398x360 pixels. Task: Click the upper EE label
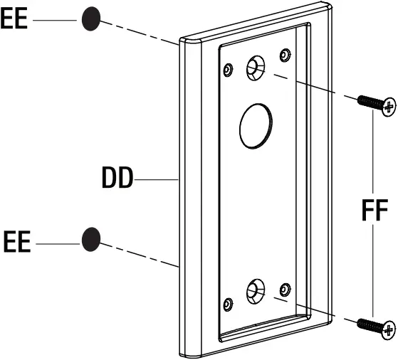[x=14, y=18]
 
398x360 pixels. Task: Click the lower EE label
[x=17, y=243]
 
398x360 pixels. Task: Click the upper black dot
[x=90, y=18]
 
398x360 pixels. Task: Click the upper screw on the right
[x=376, y=104]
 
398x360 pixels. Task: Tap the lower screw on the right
[x=377, y=326]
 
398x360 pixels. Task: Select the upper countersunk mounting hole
[x=254, y=69]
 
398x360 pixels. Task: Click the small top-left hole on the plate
[x=228, y=69]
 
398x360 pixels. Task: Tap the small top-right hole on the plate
[x=285, y=55]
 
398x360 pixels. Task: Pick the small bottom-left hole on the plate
[x=228, y=304]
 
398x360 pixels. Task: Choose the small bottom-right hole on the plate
[x=285, y=289]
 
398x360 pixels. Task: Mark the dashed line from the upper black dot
[x=139, y=31]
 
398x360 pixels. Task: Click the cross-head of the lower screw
[x=388, y=329]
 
